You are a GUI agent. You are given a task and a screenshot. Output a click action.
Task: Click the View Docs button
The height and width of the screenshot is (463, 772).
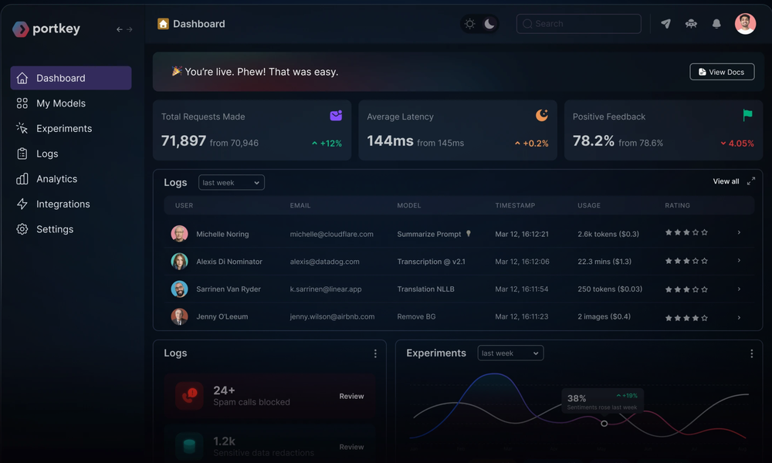(722, 72)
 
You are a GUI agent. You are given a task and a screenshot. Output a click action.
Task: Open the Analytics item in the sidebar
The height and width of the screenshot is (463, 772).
(56, 179)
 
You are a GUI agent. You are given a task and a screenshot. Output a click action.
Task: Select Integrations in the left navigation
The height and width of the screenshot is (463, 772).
(63, 204)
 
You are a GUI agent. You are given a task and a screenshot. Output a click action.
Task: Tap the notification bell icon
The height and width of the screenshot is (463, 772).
(716, 24)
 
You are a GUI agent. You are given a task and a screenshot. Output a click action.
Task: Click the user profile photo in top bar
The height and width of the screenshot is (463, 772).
(745, 24)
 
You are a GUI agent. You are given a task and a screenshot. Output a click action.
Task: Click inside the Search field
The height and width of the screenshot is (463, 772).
(579, 24)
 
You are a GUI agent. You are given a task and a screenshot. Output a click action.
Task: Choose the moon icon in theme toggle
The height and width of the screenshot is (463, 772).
(489, 24)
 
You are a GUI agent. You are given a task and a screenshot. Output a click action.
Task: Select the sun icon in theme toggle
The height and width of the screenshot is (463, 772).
(469, 24)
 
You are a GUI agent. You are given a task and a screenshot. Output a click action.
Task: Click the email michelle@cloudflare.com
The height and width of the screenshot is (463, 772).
(331, 234)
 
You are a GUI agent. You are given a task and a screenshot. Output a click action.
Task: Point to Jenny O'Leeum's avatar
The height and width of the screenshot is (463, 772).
(179, 316)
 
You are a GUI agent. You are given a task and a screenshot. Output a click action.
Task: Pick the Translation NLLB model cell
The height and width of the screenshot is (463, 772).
(426, 289)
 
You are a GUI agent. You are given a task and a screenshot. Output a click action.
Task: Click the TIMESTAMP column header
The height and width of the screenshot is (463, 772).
(515, 205)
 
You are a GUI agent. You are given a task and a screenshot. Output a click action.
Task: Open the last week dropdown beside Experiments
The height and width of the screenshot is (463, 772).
(510, 353)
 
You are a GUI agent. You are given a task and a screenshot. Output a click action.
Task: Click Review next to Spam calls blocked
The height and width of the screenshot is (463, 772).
(351, 396)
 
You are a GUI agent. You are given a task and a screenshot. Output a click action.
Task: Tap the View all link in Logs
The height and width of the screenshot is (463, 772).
(726, 181)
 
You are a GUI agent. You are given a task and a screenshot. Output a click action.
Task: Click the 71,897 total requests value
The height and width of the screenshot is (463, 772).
(184, 140)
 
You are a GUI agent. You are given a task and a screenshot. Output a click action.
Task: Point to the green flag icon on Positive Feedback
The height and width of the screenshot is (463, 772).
(747, 115)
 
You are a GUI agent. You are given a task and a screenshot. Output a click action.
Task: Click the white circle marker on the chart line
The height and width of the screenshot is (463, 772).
(604, 423)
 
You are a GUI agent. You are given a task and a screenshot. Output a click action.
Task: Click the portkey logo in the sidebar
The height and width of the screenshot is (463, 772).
(46, 29)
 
